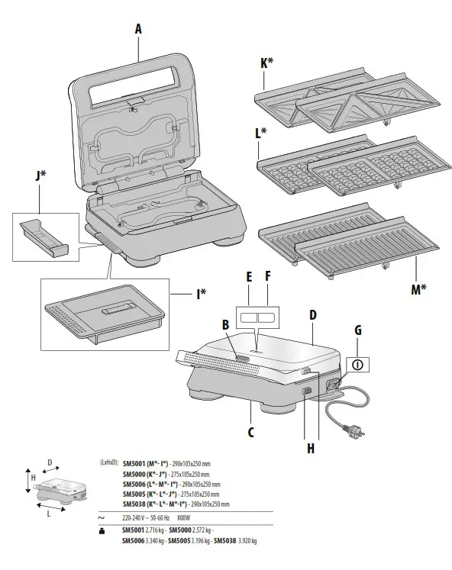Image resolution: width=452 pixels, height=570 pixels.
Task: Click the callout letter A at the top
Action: [x=137, y=28]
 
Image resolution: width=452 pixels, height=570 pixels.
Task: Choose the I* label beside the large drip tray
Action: [x=203, y=291]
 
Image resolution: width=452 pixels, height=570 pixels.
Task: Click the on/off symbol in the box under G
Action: [x=355, y=365]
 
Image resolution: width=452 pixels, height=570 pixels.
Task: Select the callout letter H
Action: [x=311, y=448]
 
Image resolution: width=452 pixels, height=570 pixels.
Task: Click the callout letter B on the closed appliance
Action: [x=225, y=324]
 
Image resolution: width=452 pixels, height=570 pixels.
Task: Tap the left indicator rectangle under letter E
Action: [x=247, y=314]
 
